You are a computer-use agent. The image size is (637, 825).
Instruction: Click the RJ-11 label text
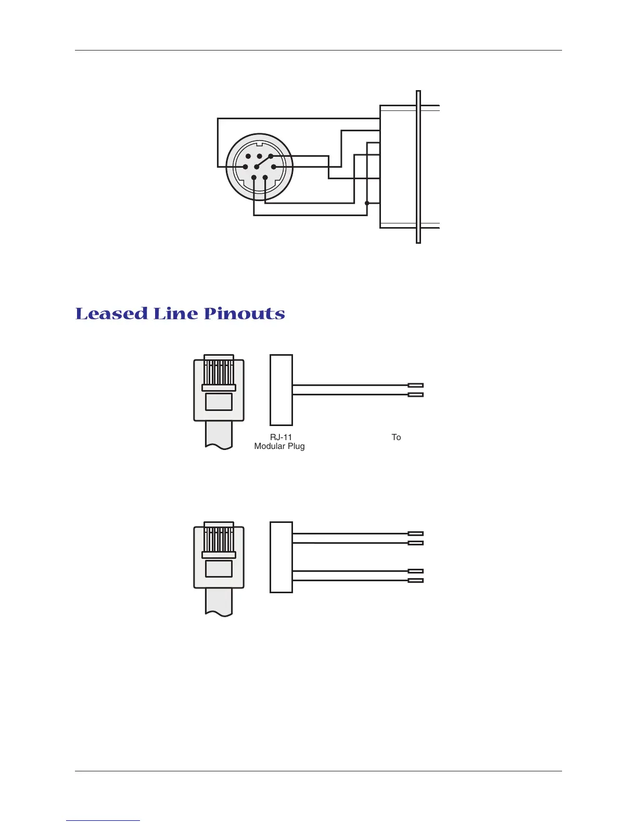pyautogui.click(x=281, y=438)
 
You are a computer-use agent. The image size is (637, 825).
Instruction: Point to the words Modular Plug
pyautogui.click(x=279, y=446)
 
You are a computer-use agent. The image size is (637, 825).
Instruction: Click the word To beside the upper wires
pyautogui.click(x=396, y=438)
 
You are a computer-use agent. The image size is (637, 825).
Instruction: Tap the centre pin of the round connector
pyautogui.click(x=257, y=167)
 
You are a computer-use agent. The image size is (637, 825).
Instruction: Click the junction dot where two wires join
pyautogui.click(x=367, y=203)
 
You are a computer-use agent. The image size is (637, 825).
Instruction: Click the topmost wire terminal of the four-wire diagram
pyautogui.click(x=416, y=533)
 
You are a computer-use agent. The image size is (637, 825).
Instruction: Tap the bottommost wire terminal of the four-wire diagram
pyautogui.click(x=416, y=580)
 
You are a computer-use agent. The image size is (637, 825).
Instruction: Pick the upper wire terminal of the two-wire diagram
pyautogui.click(x=416, y=385)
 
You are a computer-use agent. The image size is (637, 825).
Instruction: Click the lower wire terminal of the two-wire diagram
pyautogui.click(x=416, y=395)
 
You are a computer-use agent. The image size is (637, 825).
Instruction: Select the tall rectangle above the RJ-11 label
pyautogui.click(x=281, y=390)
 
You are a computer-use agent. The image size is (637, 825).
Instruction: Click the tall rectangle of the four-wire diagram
pyautogui.click(x=281, y=557)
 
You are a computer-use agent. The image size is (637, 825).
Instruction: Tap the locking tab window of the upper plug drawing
pyautogui.click(x=219, y=402)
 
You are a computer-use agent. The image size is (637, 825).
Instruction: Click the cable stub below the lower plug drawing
pyautogui.click(x=219, y=602)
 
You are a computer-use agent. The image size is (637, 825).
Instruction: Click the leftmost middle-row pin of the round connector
pyautogui.click(x=245, y=167)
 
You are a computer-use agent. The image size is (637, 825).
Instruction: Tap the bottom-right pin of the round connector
pyautogui.click(x=265, y=178)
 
